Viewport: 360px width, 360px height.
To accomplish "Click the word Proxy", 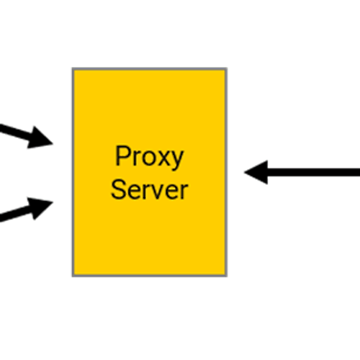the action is click(149, 157).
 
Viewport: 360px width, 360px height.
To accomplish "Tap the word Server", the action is click(149, 190).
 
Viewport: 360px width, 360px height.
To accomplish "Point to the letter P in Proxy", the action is click(122, 156).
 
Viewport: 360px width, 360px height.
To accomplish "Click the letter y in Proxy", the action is click(177, 161).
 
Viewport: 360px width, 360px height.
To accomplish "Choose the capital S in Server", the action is click(118, 189).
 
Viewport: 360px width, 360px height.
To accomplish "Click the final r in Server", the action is click(184, 192).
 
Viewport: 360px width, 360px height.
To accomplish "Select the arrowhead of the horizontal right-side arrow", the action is click(256, 172).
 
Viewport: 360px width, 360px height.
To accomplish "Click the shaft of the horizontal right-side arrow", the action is click(314, 173).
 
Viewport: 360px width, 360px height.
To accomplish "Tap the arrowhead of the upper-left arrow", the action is click(40, 138).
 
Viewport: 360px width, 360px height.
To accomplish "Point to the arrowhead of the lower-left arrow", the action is click(40, 208).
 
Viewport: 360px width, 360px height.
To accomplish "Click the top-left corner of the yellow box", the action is click(73, 68).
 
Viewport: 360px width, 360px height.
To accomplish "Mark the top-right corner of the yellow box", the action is click(227, 68).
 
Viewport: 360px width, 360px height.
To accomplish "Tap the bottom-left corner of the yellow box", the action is click(73, 276).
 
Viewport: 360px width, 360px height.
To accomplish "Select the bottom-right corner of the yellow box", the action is click(227, 276).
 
